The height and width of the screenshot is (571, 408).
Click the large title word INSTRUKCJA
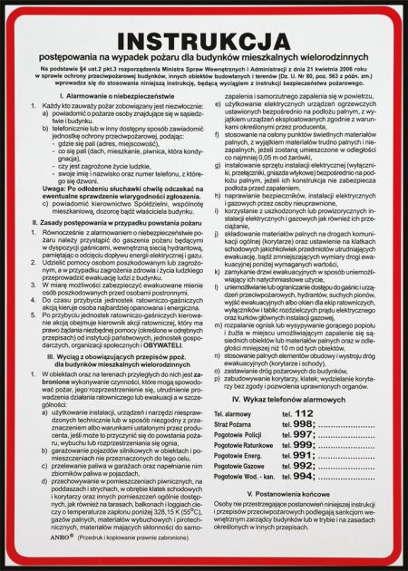[x=204, y=43]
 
